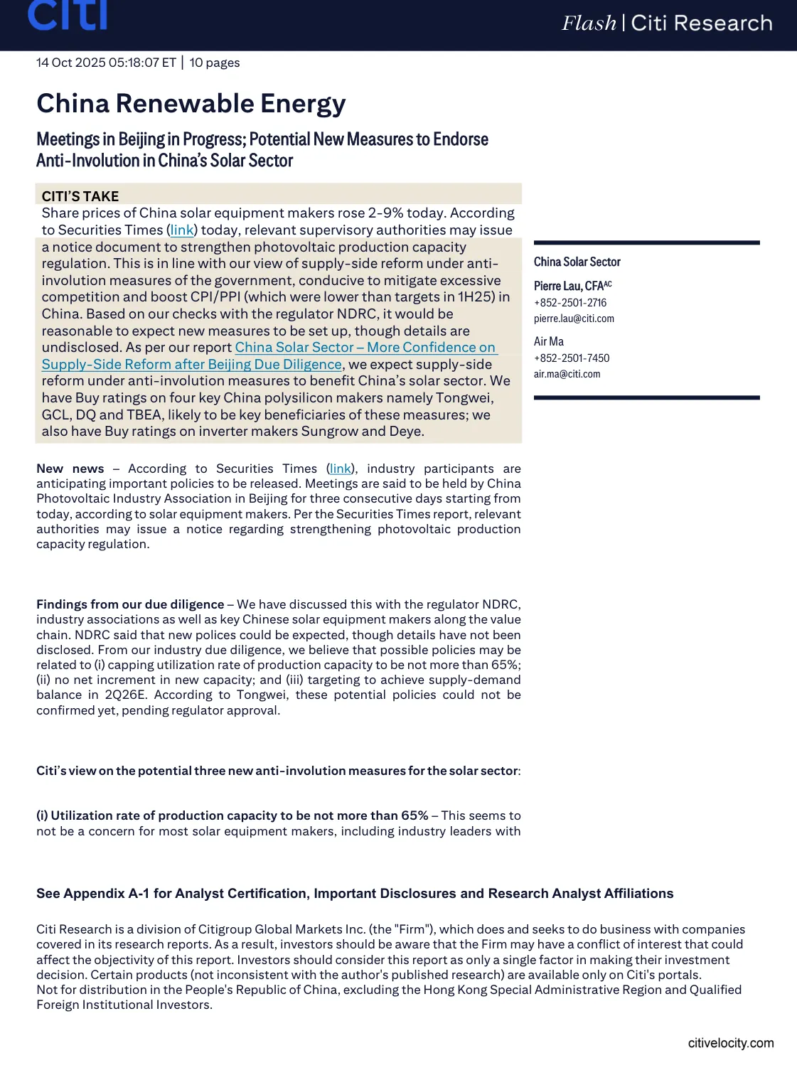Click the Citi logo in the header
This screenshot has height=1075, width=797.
[x=68, y=16]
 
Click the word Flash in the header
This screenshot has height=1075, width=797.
[x=589, y=23]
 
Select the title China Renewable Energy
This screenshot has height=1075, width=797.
[x=191, y=104]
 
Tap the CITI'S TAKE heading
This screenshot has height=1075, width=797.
[x=80, y=196]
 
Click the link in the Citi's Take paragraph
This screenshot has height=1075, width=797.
[x=182, y=230]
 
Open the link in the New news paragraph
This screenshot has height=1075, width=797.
[x=341, y=469]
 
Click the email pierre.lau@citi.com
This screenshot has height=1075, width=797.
[x=574, y=319]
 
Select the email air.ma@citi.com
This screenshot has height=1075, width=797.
[x=567, y=374]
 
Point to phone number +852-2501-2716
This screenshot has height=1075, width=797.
[x=570, y=303]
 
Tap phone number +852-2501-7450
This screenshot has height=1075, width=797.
[x=572, y=358]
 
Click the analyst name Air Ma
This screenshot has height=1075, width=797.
[x=549, y=342]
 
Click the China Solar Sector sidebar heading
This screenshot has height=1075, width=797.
[x=577, y=262]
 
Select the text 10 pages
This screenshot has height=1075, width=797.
[x=215, y=63]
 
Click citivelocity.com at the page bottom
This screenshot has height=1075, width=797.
[x=730, y=1043]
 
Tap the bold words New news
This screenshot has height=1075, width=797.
[x=70, y=469]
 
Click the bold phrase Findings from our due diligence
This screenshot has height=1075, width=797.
[x=130, y=604]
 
